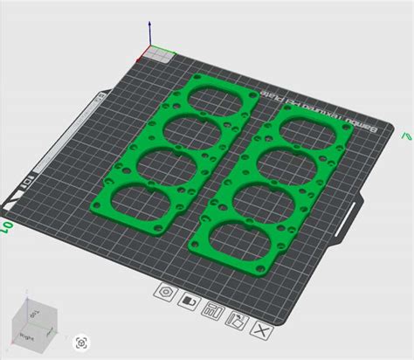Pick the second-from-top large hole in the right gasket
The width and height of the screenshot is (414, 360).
point(291,162)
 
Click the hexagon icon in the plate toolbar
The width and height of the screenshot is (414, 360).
point(164,292)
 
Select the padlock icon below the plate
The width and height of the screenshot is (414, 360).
point(187,301)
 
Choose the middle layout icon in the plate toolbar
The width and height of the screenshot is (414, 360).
point(210,309)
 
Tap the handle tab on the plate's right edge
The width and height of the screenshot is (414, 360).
point(357,213)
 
